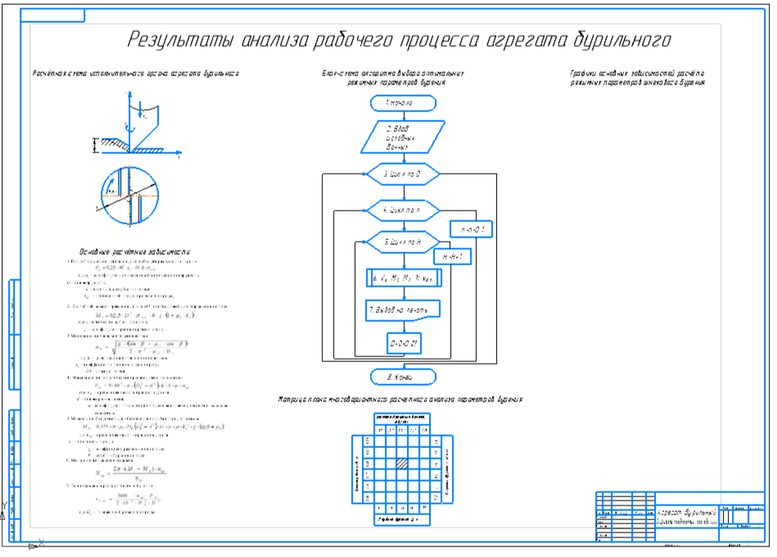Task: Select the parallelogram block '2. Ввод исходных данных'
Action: coord(401,138)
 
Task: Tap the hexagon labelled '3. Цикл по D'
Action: coord(402,174)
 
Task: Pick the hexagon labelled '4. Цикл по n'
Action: coord(402,210)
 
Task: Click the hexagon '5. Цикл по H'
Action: coord(402,242)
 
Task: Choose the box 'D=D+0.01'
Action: coord(404,343)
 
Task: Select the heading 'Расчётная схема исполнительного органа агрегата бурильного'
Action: coord(135,73)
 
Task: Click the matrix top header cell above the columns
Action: coord(401,419)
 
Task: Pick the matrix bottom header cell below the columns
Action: coord(401,519)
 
